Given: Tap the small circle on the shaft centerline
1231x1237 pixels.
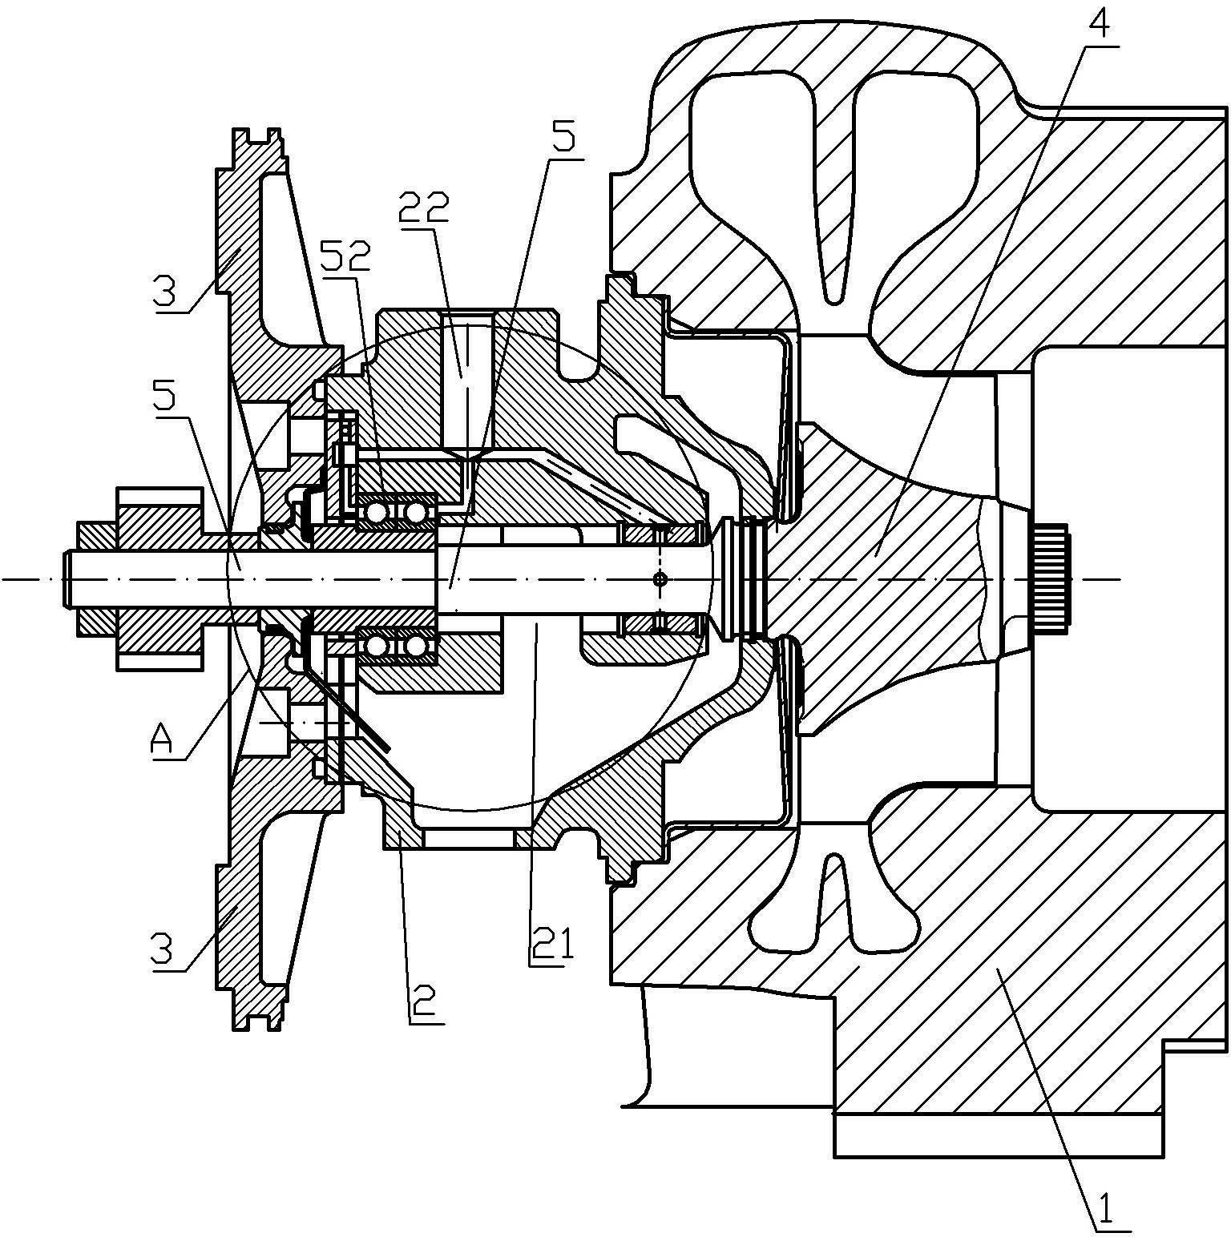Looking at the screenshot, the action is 660,578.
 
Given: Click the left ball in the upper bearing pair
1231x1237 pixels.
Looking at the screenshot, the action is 376,511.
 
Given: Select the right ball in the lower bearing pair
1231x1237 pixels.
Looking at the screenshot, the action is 416,646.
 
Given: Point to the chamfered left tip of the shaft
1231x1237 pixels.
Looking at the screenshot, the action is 64,578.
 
